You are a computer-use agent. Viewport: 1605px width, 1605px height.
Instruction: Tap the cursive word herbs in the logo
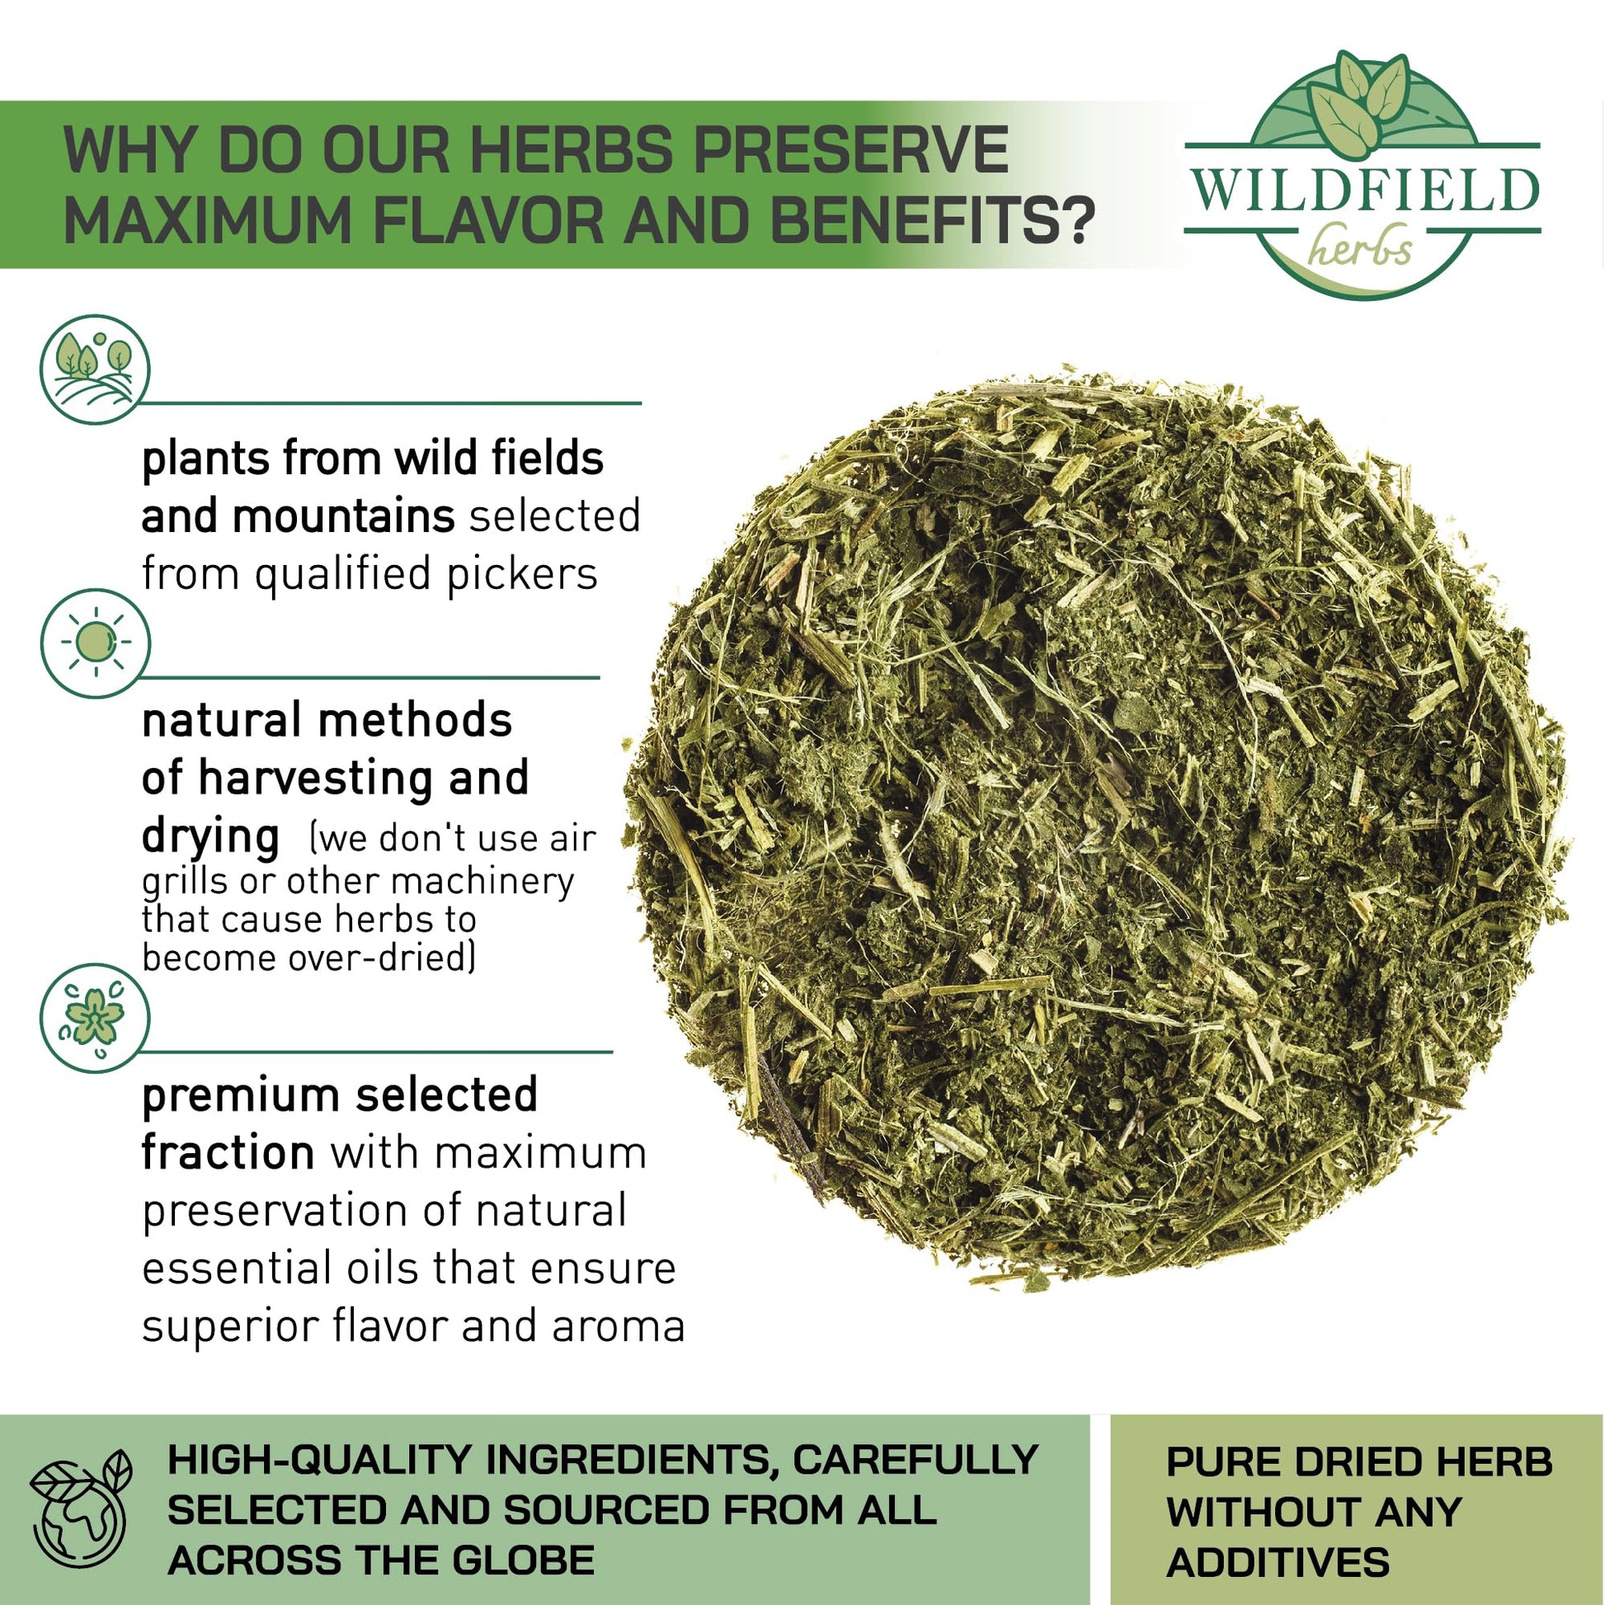[x=1361, y=246]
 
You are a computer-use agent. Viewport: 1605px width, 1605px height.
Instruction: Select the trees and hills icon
[x=95, y=369]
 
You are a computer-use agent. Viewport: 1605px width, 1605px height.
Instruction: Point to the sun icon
[x=95, y=643]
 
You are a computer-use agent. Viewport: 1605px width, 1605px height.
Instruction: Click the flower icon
[x=95, y=1018]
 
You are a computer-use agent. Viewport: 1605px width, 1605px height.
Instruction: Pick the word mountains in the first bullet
[x=343, y=516]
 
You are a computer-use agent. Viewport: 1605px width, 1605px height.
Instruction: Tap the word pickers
[x=523, y=575]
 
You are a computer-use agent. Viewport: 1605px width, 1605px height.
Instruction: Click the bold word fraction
[x=228, y=1152]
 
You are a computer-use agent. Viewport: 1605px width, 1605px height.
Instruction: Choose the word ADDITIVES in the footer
[x=1278, y=1561]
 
